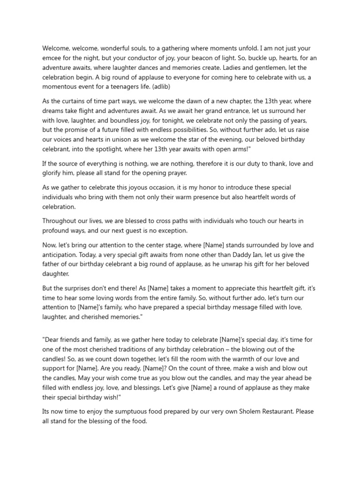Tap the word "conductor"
150,58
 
